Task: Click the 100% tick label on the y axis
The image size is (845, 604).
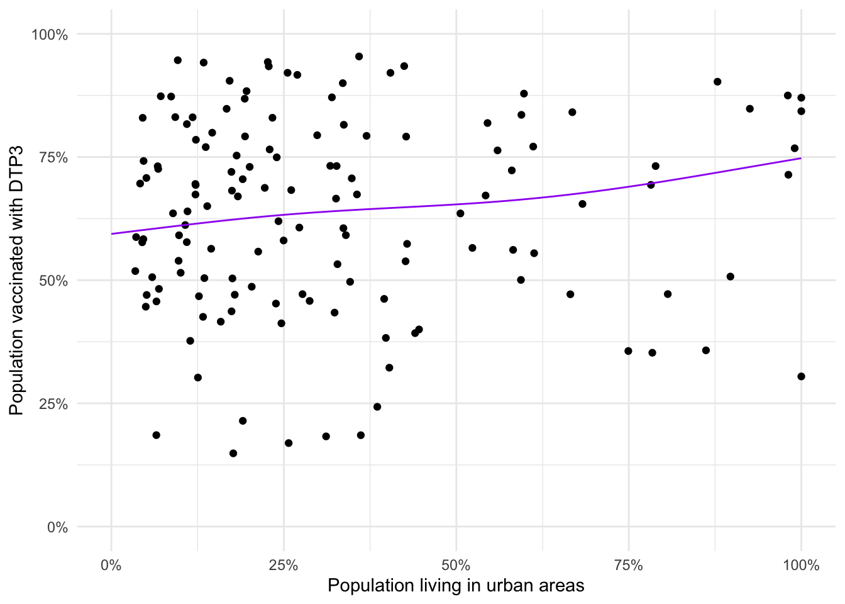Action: pos(50,35)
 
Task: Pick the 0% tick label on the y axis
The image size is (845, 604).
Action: pos(57,528)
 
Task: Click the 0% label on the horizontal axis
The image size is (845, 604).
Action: pos(111,566)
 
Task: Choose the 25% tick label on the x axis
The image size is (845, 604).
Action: pos(284,566)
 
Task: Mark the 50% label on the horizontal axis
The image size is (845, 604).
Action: pos(456,566)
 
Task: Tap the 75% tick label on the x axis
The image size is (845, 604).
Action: pos(628,566)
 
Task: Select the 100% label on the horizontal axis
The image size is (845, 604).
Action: pos(800,566)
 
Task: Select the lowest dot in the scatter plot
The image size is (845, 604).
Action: pos(233,454)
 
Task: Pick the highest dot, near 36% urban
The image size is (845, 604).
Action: pos(359,57)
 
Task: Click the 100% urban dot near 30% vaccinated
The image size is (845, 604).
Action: pos(801,377)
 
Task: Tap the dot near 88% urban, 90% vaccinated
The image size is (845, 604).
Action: pos(717,82)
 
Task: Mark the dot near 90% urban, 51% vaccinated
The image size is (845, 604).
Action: pos(730,277)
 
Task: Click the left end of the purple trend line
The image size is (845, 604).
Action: pos(112,234)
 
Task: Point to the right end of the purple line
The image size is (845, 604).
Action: pos(801,158)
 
